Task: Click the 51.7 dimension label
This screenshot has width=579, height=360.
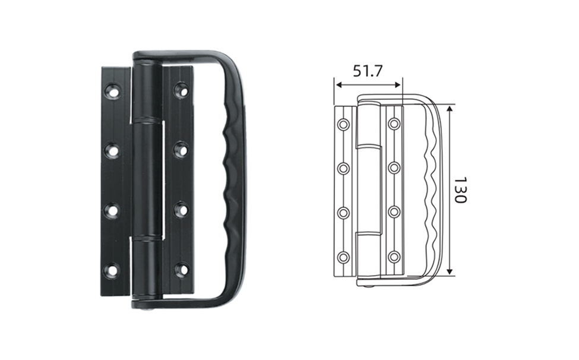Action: pos(368,71)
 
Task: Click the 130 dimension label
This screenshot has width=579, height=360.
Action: pos(460,190)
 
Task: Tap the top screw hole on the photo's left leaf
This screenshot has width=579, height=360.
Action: pos(112,91)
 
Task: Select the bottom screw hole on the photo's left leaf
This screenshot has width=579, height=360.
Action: pos(112,270)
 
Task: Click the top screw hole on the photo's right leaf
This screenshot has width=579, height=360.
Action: pos(181,90)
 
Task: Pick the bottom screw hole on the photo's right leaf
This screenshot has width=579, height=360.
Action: pos(181,270)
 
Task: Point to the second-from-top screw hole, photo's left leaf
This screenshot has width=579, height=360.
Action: pos(112,151)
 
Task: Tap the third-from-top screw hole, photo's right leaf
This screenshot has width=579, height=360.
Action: pos(181,210)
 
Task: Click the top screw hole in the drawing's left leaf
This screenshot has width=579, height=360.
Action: pos(343,124)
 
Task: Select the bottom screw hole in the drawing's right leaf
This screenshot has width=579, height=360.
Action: pos(394,256)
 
